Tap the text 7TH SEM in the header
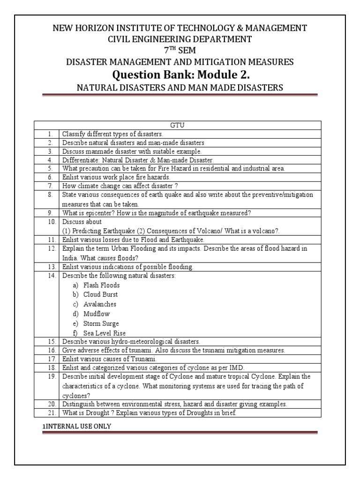coord(180,51)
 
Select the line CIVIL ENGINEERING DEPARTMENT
coord(180,39)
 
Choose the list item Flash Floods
coord(101,285)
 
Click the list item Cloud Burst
coord(100,294)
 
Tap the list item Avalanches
coord(100,304)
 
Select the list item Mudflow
coord(97,314)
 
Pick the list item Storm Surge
coord(101,323)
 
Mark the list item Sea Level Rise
coord(104,333)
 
